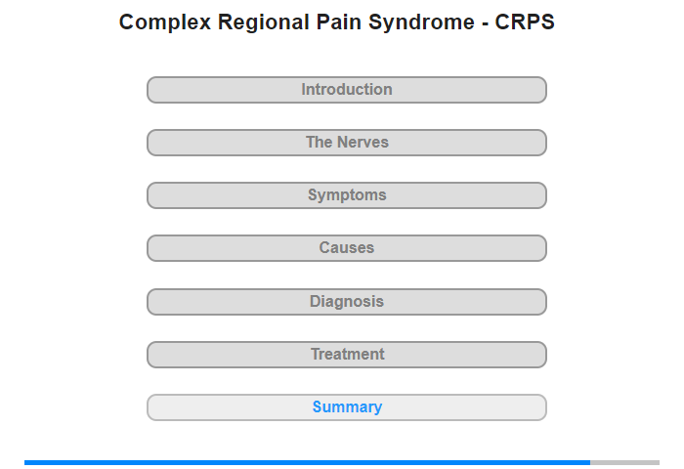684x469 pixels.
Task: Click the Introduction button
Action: click(x=347, y=90)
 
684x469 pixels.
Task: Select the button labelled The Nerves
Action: click(x=347, y=143)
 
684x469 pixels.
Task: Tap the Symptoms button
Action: click(x=347, y=195)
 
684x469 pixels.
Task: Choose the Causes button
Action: click(x=347, y=248)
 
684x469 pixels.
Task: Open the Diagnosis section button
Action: click(x=347, y=302)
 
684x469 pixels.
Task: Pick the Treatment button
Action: click(x=347, y=355)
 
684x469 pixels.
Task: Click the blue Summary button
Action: click(x=347, y=407)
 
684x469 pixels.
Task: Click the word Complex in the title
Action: click(x=165, y=22)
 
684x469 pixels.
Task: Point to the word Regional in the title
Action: click(x=264, y=22)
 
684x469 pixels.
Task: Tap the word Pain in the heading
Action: click(x=338, y=21)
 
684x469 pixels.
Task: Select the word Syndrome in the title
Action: click(x=421, y=22)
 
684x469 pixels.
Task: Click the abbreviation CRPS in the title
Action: click(x=525, y=21)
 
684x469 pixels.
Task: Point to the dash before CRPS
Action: click(x=485, y=24)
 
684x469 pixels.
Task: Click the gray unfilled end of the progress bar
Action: click(x=624, y=462)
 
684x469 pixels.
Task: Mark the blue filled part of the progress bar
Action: click(x=307, y=462)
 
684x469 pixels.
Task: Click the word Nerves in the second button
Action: click(x=363, y=143)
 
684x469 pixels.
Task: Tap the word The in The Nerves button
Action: click(x=320, y=143)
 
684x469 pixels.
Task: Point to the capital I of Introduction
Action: click(x=304, y=90)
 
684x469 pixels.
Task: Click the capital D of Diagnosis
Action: click(x=315, y=302)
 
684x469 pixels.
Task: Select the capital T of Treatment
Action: click(x=316, y=355)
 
